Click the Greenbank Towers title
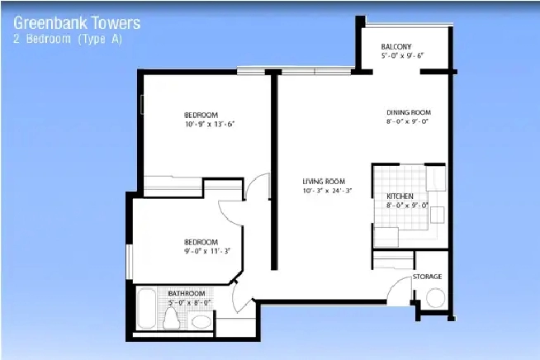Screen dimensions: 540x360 click(x=77, y=23)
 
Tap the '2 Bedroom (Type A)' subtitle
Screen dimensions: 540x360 click(x=68, y=39)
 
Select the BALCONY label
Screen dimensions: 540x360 click(x=396, y=46)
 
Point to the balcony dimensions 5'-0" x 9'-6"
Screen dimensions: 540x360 click(x=402, y=55)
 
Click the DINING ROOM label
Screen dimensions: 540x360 click(x=409, y=112)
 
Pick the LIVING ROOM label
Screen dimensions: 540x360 click(x=324, y=181)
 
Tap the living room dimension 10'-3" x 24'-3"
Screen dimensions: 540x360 click(x=327, y=191)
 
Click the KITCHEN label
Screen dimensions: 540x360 click(x=400, y=196)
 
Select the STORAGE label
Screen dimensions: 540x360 click(x=427, y=277)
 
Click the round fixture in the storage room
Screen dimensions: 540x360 click(x=435, y=298)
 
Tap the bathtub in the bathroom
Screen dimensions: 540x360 click(x=147, y=309)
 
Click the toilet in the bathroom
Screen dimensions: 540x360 click(x=171, y=319)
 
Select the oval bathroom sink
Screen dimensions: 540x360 click(x=201, y=322)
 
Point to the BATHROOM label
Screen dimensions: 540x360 click(x=187, y=293)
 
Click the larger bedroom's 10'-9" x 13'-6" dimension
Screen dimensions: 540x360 click(x=210, y=124)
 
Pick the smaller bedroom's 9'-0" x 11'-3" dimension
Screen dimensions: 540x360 click(x=207, y=251)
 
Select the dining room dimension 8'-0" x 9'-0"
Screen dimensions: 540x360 click(x=407, y=121)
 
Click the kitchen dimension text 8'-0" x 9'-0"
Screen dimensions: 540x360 click(x=407, y=206)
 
